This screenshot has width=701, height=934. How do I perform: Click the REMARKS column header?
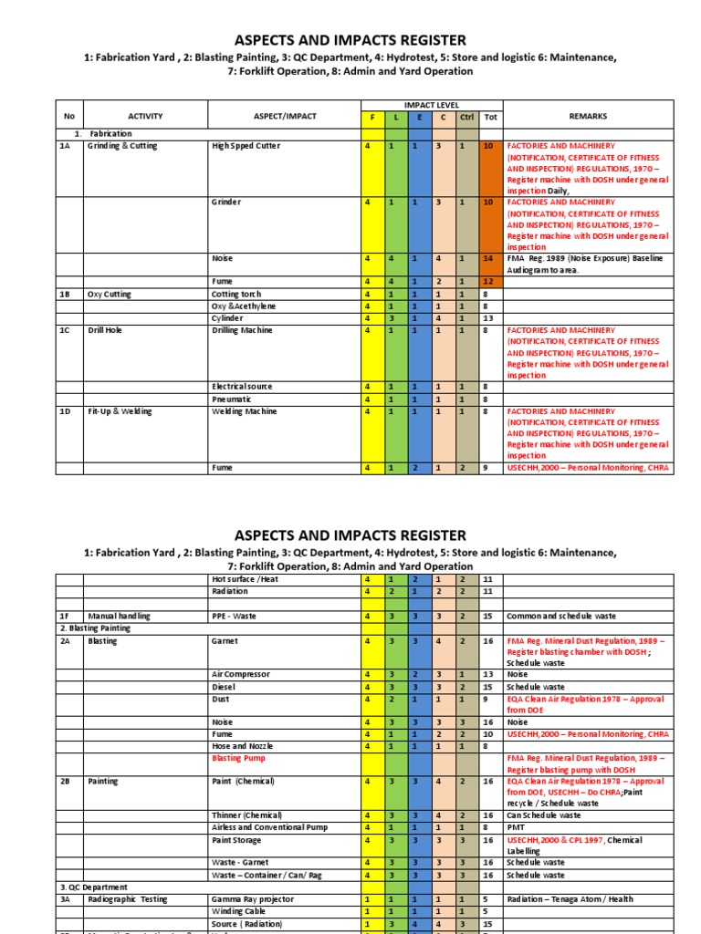pos(588,117)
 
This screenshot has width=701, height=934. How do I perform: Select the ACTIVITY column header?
pos(145,117)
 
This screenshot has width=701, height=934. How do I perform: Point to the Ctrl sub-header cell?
pos(467,118)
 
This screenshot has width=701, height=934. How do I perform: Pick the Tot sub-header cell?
pos(490,118)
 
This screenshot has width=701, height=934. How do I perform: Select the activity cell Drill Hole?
pos(107,330)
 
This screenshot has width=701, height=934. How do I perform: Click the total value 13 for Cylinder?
pos(487,318)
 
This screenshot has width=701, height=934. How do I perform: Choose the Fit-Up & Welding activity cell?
pos(119,411)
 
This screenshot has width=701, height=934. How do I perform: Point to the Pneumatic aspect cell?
pos(232,400)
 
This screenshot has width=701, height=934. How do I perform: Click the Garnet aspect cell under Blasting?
pos(225,641)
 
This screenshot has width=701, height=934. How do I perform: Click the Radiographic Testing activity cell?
pos(128,899)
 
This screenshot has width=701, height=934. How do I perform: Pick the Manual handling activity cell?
pos(120,617)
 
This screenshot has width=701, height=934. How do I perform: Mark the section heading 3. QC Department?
pos(94,887)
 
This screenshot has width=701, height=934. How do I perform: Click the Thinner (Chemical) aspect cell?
pos(246,815)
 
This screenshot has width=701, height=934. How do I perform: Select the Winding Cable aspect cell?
pos(240,911)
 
